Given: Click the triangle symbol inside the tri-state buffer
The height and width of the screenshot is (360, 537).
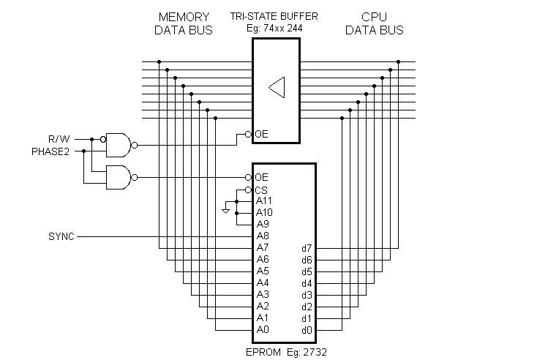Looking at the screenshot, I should (276, 87).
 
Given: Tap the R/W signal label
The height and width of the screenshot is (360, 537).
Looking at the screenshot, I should (59, 139).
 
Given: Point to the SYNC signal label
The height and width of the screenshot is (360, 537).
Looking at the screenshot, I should (61, 236).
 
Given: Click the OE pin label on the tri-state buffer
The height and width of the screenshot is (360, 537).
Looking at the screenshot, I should (262, 134).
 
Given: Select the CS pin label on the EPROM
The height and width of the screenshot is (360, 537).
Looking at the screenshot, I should (262, 189).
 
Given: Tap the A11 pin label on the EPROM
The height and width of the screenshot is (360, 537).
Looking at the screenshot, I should (264, 200).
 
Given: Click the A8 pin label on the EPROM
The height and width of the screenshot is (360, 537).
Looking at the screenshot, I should (263, 236).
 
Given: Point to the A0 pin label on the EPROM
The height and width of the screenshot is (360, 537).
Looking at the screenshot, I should (263, 329).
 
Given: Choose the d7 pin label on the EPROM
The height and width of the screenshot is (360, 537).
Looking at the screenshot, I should (307, 247).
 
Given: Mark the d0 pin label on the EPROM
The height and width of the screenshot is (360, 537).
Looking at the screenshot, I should (307, 329).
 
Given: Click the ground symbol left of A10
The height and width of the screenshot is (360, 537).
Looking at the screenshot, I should (226, 212).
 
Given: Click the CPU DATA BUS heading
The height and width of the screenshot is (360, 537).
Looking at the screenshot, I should (374, 23).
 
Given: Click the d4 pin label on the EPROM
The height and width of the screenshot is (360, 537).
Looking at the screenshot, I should (307, 282).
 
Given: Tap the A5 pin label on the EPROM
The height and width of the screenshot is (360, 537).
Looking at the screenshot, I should (263, 271).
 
